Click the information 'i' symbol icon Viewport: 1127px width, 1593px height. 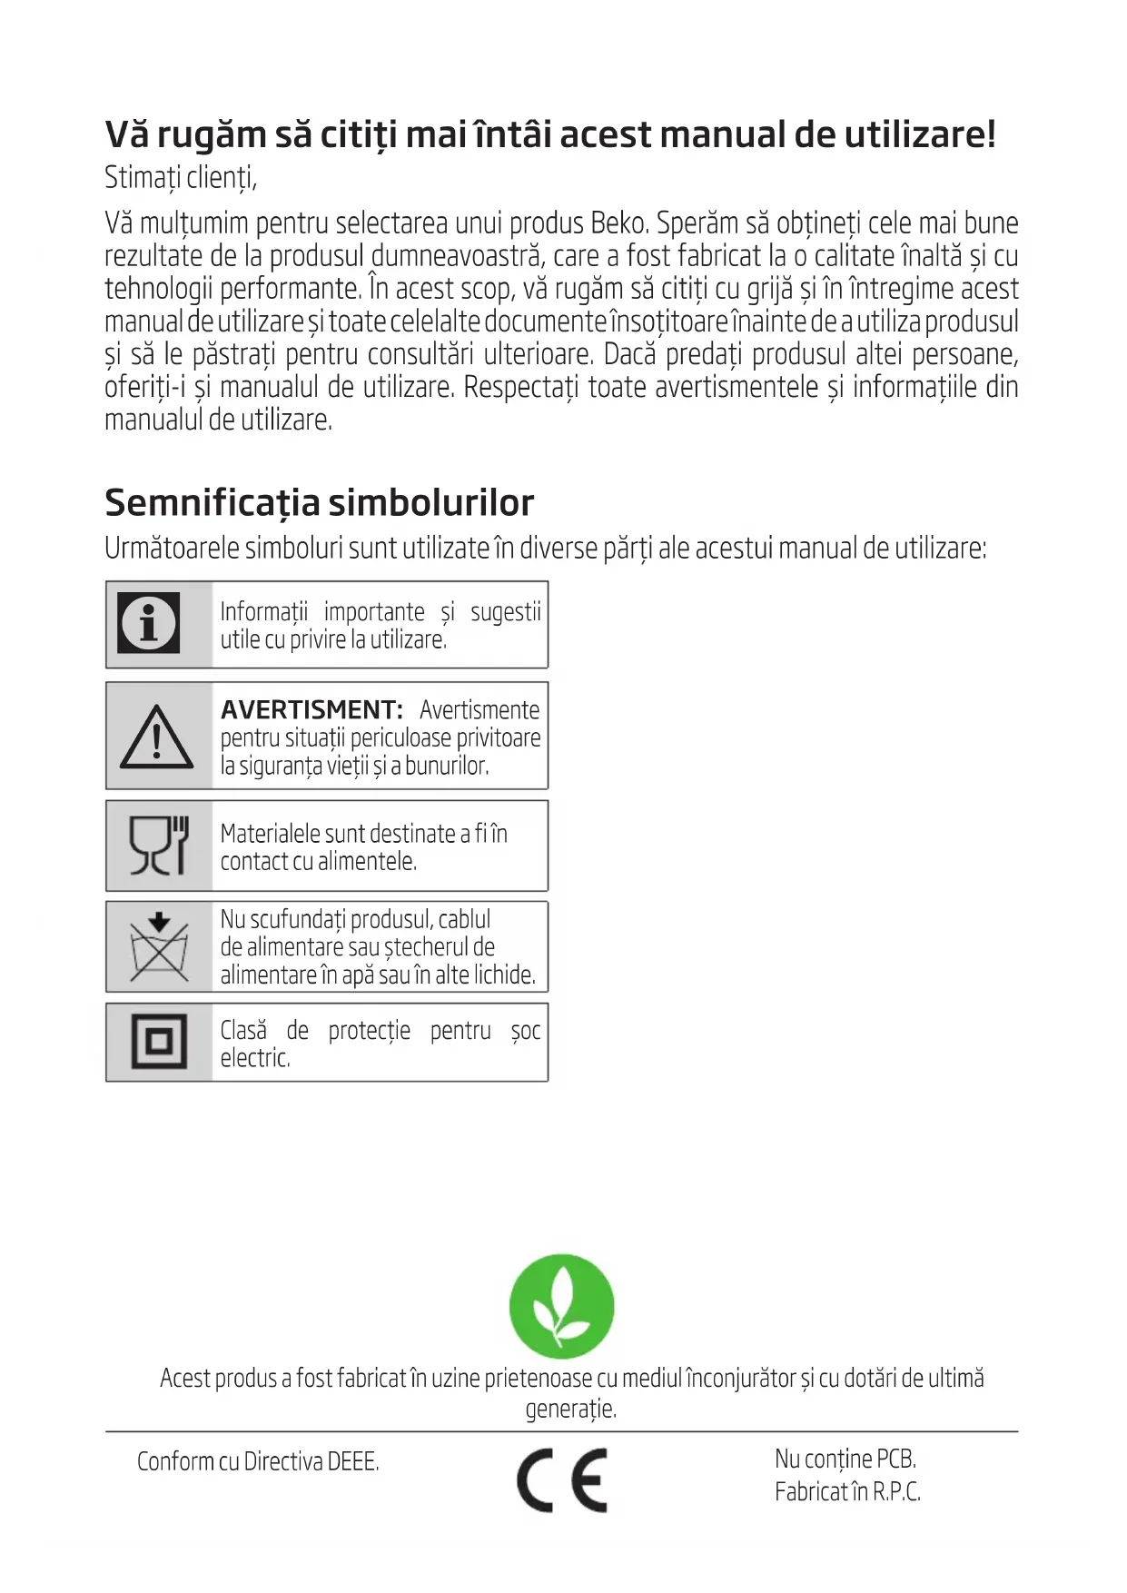click(149, 623)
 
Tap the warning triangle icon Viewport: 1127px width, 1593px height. click(156, 737)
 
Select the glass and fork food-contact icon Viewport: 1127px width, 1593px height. click(159, 846)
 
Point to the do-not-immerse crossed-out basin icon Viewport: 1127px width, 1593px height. click(159, 947)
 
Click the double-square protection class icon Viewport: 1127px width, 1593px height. click(159, 1042)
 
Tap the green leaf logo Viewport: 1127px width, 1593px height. click(562, 1306)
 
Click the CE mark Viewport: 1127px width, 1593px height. click(562, 1479)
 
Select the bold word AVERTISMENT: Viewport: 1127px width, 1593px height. click(311, 709)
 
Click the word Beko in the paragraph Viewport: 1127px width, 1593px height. click(618, 223)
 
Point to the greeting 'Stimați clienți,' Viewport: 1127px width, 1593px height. click(181, 177)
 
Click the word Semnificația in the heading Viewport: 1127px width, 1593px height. click(212, 502)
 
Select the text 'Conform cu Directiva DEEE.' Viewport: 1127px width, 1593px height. click(258, 1461)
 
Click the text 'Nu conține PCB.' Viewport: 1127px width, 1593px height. click(845, 1459)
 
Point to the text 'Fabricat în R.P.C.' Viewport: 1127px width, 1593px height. click(847, 1491)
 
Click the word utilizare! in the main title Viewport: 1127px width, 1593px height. click(920, 134)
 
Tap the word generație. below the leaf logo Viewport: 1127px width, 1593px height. click(570, 1409)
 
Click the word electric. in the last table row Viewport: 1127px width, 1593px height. click(255, 1058)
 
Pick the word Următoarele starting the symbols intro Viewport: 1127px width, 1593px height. click(172, 549)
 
